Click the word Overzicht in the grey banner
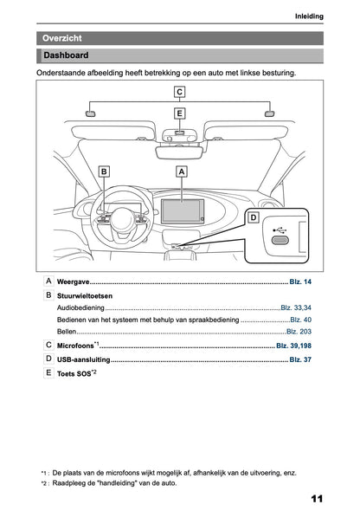(62, 38)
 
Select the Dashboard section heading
(66, 56)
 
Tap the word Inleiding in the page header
(309, 16)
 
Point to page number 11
(315, 498)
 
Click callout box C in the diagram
(179, 92)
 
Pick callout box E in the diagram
(179, 113)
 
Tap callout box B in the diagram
(105, 172)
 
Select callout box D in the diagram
(254, 217)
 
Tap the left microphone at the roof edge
(90, 113)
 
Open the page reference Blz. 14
(300, 283)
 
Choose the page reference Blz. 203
(299, 332)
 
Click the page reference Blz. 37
(300, 359)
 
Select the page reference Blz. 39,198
(293, 346)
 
